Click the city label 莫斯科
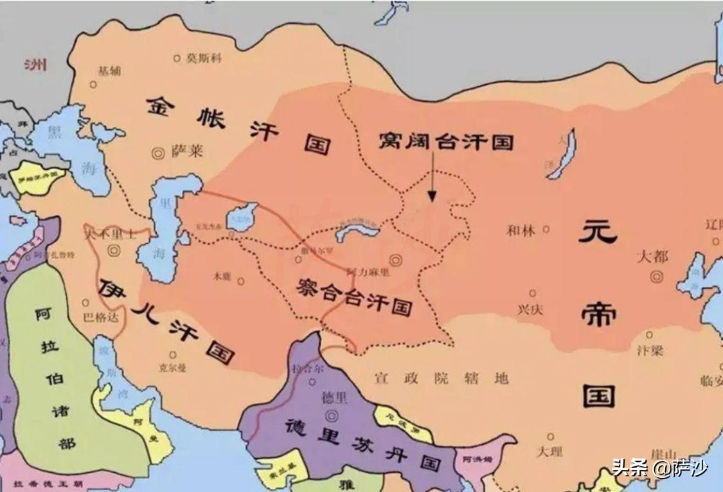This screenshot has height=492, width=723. click(x=204, y=58)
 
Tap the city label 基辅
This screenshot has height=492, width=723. click(x=109, y=71)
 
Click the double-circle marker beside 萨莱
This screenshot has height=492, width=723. click(x=157, y=153)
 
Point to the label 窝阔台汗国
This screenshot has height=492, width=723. click(x=445, y=141)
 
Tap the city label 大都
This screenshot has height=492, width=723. click(x=652, y=257)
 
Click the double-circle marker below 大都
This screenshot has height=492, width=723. click(x=656, y=277)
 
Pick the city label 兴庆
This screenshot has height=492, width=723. click(x=530, y=309)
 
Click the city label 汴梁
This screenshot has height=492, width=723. click(x=650, y=351)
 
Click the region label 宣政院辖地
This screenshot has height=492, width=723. click(x=442, y=378)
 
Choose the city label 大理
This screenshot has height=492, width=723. click(x=549, y=451)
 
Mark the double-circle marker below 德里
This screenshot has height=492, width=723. click(x=332, y=415)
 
